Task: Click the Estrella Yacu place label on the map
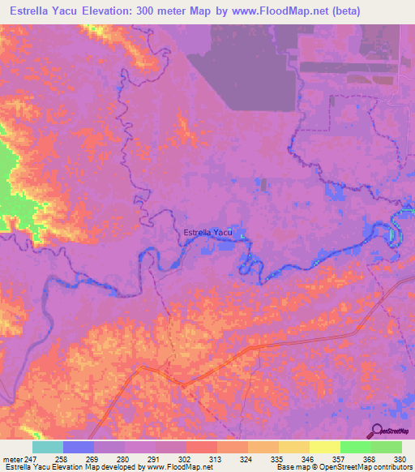click(208, 233)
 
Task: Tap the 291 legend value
click(154, 458)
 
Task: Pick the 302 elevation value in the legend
click(185, 458)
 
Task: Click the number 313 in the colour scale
click(216, 458)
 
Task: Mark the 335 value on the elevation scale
click(278, 458)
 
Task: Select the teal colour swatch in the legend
click(48, 447)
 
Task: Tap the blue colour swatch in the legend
click(79, 447)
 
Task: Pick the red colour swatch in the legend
click(202, 447)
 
